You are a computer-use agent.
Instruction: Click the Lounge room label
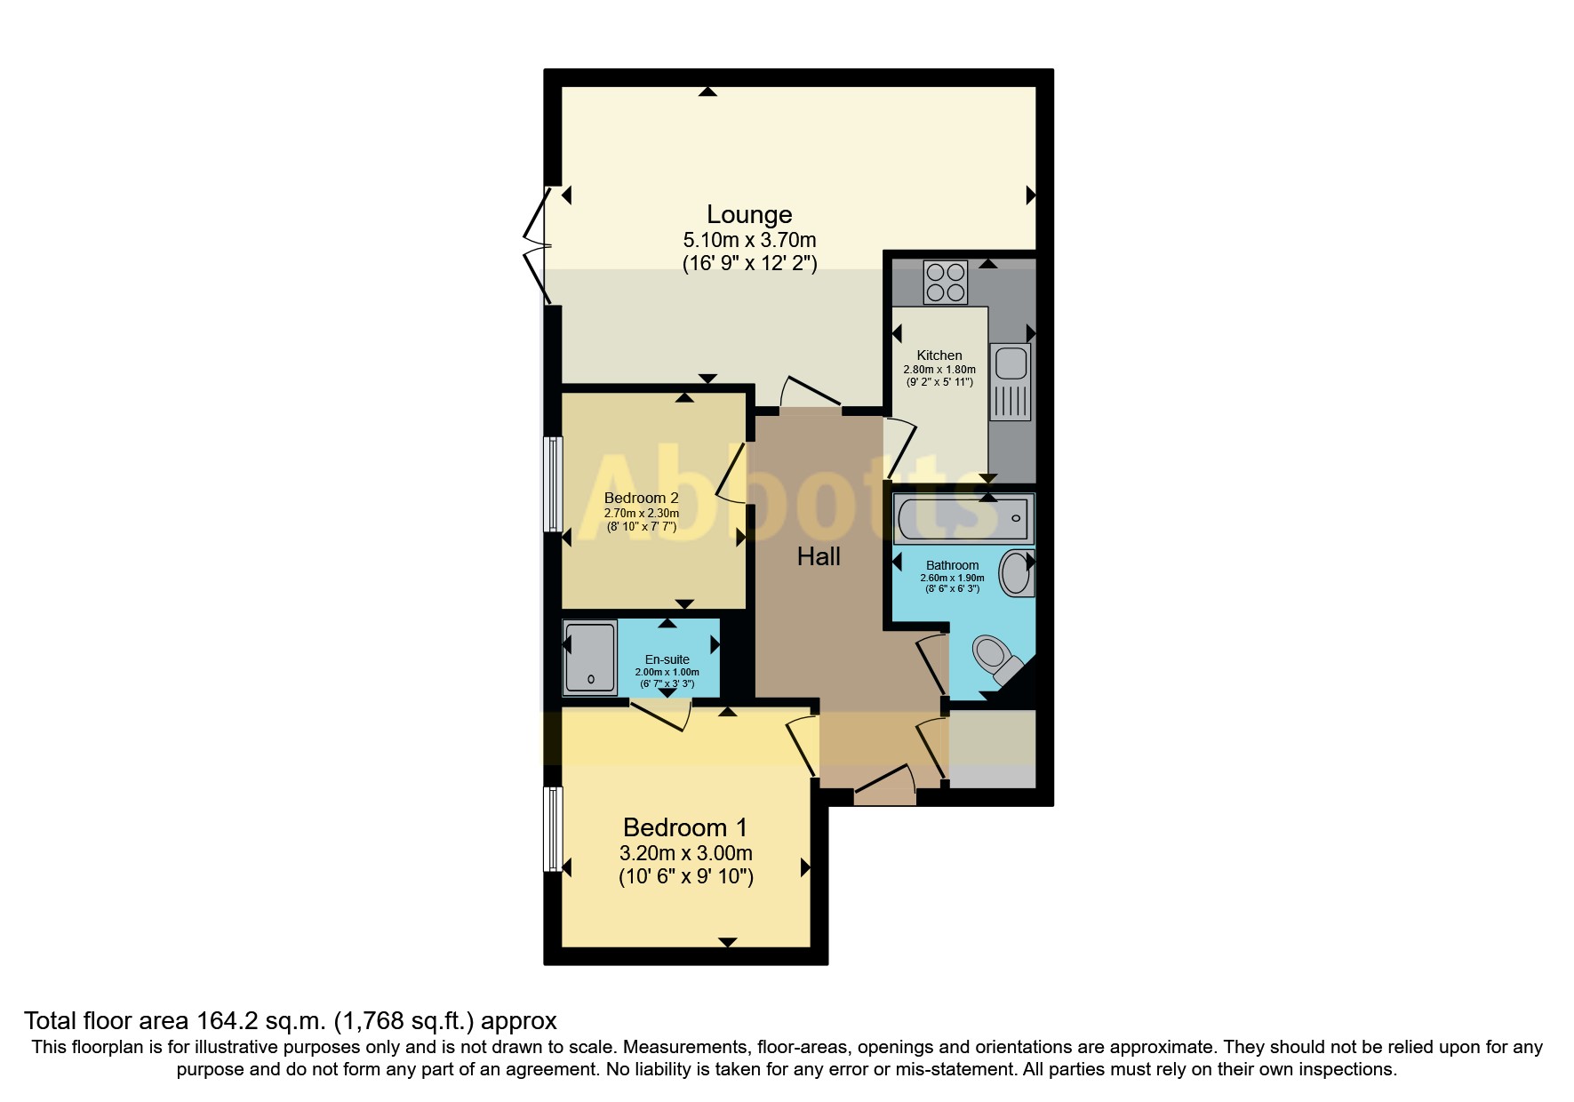(x=749, y=214)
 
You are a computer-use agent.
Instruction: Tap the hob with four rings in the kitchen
(x=945, y=282)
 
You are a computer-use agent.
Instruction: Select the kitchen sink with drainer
(x=1011, y=381)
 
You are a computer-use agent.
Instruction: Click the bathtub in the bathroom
(x=963, y=518)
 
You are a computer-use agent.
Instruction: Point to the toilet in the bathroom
(x=996, y=659)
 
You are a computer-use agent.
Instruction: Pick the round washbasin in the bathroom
(x=1016, y=573)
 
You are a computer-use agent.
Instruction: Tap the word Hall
(x=819, y=557)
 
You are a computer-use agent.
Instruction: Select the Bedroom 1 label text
(x=685, y=827)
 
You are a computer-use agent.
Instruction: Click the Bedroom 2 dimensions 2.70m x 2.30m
(x=642, y=513)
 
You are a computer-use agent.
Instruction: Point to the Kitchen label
(x=939, y=355)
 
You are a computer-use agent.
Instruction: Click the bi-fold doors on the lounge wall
(x=536, y=245)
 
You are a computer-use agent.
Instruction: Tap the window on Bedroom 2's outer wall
(x=553, y=484)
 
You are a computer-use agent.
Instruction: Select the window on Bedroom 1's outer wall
(x=553, y=828)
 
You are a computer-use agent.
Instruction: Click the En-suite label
(x=667, y=659)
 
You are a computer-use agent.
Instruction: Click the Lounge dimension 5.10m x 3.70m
(x=749, y=240)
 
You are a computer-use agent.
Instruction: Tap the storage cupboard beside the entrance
(x=992, y=748)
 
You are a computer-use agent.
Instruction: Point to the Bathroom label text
(x=952, y=565)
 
